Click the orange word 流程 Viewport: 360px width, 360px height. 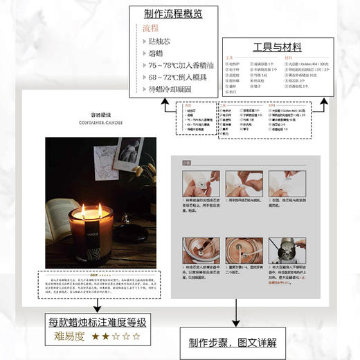[151, 28]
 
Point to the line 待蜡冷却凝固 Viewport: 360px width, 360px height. [169, 89]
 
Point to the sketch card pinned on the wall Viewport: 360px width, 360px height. [128, 156]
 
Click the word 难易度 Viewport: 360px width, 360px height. [70, 336]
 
